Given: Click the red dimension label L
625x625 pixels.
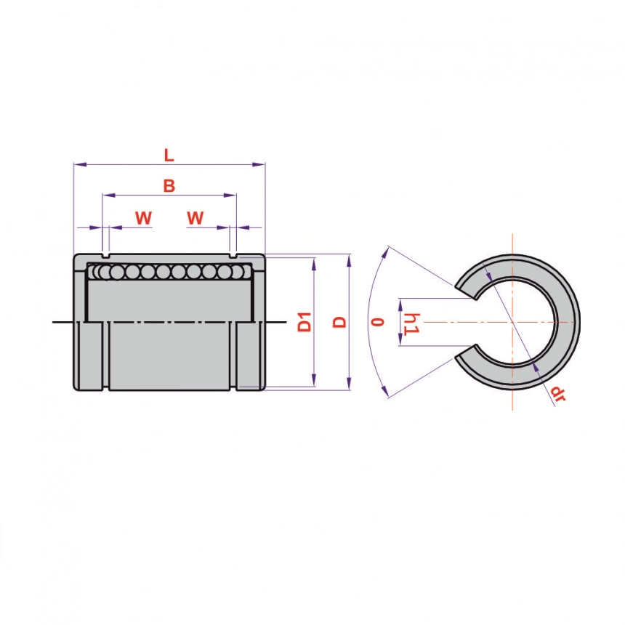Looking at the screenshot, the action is tap(169, 155).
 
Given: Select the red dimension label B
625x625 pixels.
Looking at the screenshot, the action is tap(169, 186).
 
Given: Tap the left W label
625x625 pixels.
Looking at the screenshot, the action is tap(143, 218).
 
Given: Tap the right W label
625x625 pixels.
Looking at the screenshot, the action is tap(195, 218).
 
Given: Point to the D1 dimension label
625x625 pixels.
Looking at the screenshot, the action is tap(305, 322).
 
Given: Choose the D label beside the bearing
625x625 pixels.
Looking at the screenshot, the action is tap(339, 322).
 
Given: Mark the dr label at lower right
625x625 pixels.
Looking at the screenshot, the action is tap(558, 394).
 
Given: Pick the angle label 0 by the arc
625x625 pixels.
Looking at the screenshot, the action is tap(378, 322).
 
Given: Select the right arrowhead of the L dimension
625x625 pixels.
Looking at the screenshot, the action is tap(259, 164).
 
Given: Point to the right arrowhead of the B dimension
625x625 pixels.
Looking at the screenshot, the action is tap(230, 195).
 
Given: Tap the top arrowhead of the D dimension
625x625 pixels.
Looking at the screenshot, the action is tap(349, 261).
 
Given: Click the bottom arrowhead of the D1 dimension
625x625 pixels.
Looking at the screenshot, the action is tap(314, 380).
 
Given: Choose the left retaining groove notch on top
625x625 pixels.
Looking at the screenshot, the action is tap(105, 255).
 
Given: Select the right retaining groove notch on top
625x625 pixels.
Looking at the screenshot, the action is tap(233, 255).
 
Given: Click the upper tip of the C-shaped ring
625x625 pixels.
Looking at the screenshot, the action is tap(475, 297).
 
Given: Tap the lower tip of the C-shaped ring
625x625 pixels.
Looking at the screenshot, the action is tap(475, 347).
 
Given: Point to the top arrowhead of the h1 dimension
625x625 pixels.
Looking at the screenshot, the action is tap(401, 306).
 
